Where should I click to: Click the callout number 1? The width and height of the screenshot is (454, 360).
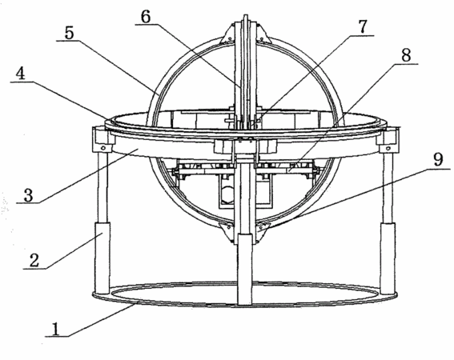pos(55,329)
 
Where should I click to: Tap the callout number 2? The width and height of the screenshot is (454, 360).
pos(34,260)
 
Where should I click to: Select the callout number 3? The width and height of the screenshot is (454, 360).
pos(28,195)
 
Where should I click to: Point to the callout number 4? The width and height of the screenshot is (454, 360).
pos(20,74)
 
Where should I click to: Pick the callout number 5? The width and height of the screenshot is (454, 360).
pos(69,34)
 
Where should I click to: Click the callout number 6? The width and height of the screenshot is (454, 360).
pos(146,17)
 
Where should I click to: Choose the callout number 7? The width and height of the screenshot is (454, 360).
pos(362,26)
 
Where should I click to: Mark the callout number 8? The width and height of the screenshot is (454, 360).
pos(406,55)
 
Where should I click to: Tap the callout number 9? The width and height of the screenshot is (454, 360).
pos(438,159)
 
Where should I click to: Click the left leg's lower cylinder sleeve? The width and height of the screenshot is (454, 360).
pos(103,258)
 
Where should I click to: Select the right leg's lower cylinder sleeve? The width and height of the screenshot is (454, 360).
pos(388,258)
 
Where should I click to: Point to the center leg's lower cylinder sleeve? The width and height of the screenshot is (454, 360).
pos(245,269)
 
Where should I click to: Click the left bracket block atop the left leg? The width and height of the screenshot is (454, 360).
pos(102,140)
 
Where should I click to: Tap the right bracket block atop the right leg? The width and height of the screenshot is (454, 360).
pos(388,140)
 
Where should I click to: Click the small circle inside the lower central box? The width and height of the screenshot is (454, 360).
pos(227,192)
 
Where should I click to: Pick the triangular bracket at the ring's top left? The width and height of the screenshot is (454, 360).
pos(229,34)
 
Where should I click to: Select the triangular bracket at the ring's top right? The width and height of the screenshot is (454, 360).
pos(262,34)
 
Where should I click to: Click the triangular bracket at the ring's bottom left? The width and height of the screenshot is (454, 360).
pos(227,232)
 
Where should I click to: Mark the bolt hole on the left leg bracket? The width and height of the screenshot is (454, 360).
pos(102,148)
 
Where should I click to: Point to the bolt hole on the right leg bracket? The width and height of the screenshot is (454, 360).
pos(388,149)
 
